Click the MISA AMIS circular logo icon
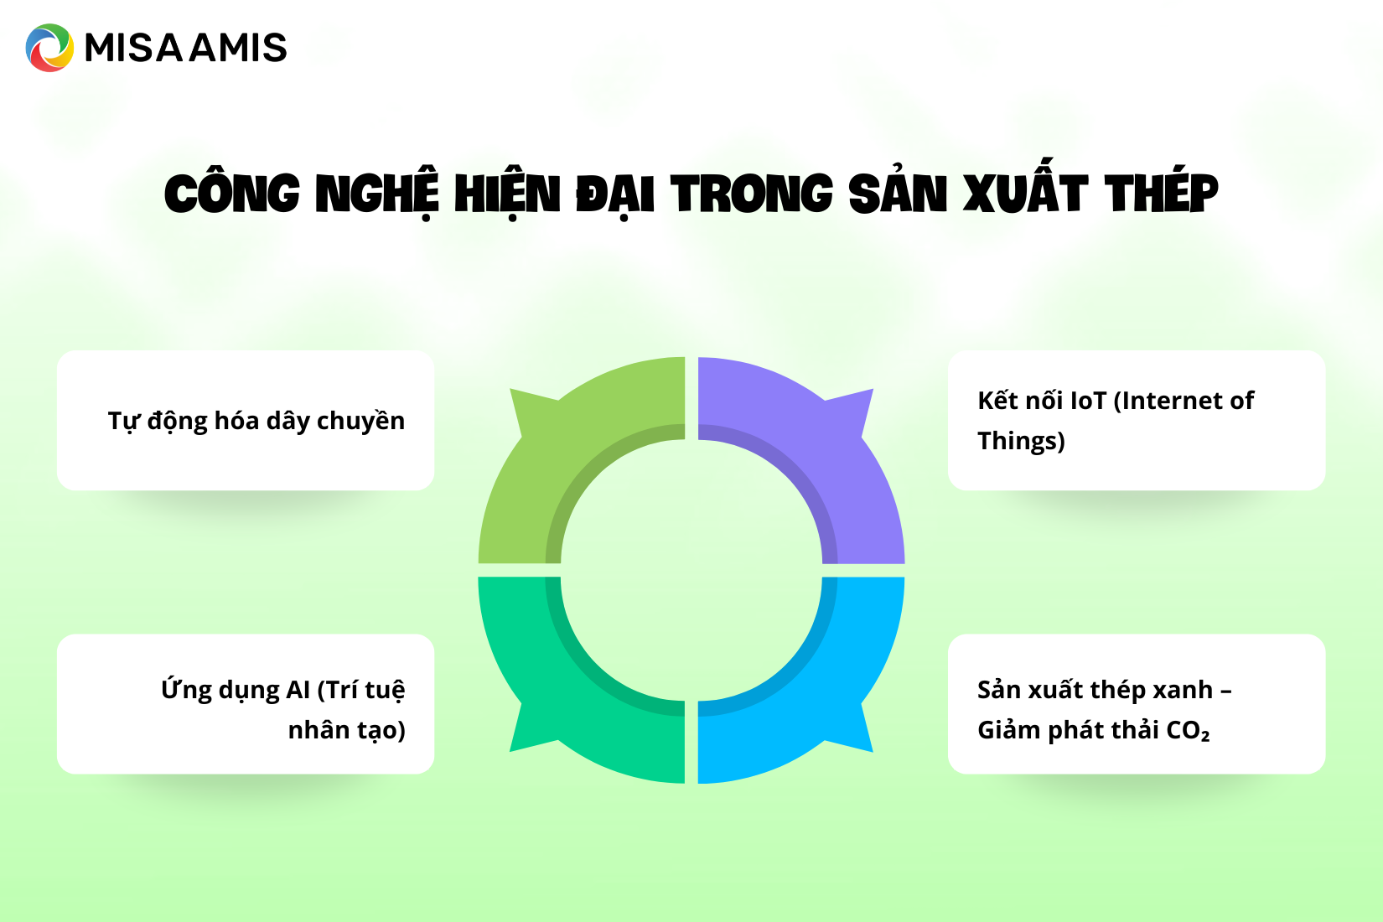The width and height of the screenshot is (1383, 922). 49,48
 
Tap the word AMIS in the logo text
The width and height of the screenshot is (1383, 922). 239,48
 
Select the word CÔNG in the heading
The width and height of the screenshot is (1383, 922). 232,194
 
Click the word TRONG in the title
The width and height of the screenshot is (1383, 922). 752,194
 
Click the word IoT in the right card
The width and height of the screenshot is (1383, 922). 1088,401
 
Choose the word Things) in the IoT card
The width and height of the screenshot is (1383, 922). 1021,441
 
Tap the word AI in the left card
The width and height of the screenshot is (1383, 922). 298,690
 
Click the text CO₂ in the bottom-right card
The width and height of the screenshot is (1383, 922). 1188,731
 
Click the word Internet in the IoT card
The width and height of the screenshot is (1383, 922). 1168,401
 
